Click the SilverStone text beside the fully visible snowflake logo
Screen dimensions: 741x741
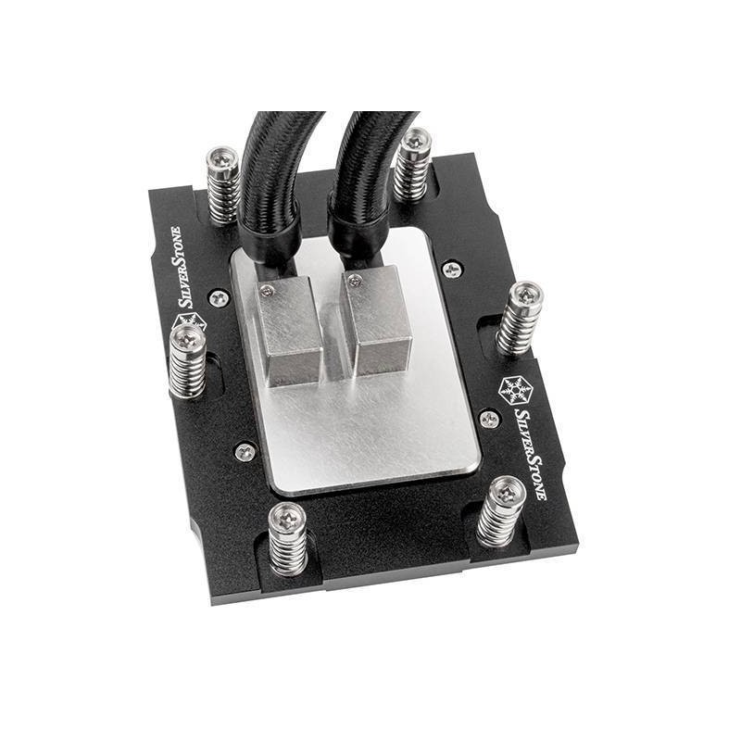[x=530, y=454]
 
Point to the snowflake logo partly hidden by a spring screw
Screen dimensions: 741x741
[x=190, y=322]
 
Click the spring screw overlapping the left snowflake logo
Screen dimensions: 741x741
[x=187, y=361]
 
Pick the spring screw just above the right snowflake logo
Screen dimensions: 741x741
[x=520, y=318]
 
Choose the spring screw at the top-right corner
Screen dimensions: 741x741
[x=413, y=164]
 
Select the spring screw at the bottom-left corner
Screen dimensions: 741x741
[x=287, y=539]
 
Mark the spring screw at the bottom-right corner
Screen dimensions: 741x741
[x=501, y=512]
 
